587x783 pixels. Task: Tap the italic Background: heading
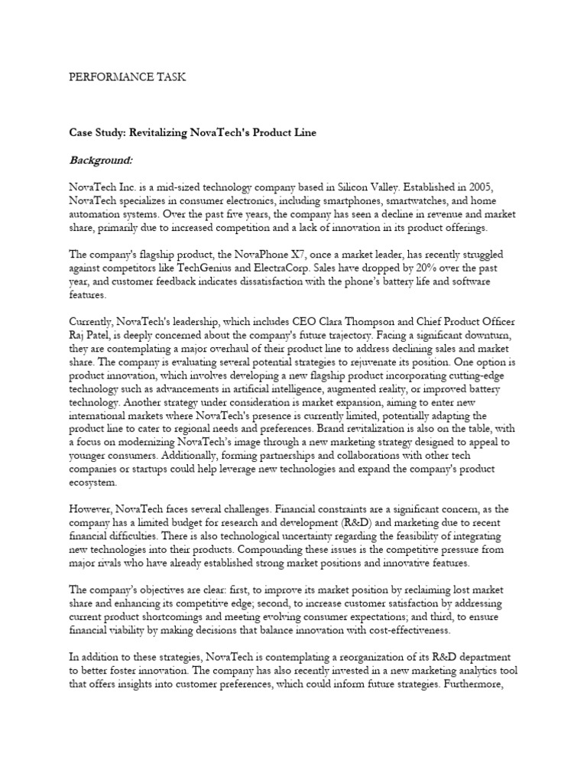pyautogui.click(x=101, y=161)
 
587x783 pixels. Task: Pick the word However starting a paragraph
pyautogui.click(x=93, y=508)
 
